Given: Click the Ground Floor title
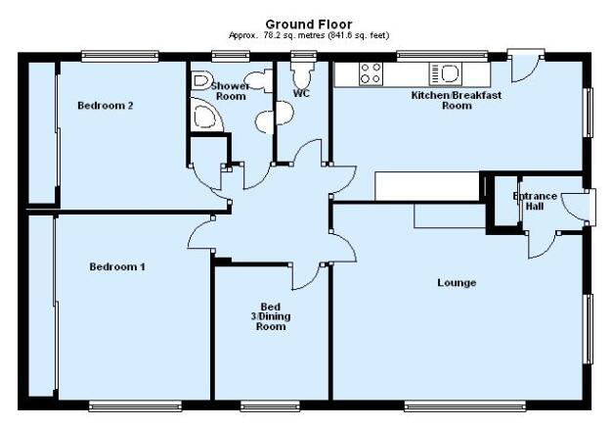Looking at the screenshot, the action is (x=309, y=24).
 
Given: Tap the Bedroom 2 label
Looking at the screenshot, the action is (x=106, y=106).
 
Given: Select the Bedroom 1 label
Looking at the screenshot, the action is (x=117, y=267).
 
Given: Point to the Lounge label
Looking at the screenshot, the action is (x=457, y=283).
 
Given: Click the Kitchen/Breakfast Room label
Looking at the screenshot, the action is (x=457, y=101).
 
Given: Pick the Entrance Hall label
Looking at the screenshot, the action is (x=535, y=201).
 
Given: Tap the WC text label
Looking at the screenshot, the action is (x=301, y=93).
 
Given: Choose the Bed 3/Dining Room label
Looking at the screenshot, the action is (x=271, y=316).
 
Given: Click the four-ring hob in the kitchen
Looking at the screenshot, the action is (x=371, y=73).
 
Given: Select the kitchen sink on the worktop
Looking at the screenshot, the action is (x=446, y=73).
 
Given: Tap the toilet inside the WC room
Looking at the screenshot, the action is (x=302, y=74).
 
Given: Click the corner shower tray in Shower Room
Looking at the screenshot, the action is (x=206, y=115).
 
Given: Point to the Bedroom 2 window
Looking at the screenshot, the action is (x=120, y=57).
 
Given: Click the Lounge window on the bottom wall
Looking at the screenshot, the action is (x=464, y=406).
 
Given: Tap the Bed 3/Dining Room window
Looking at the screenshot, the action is (x=270, y=406).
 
